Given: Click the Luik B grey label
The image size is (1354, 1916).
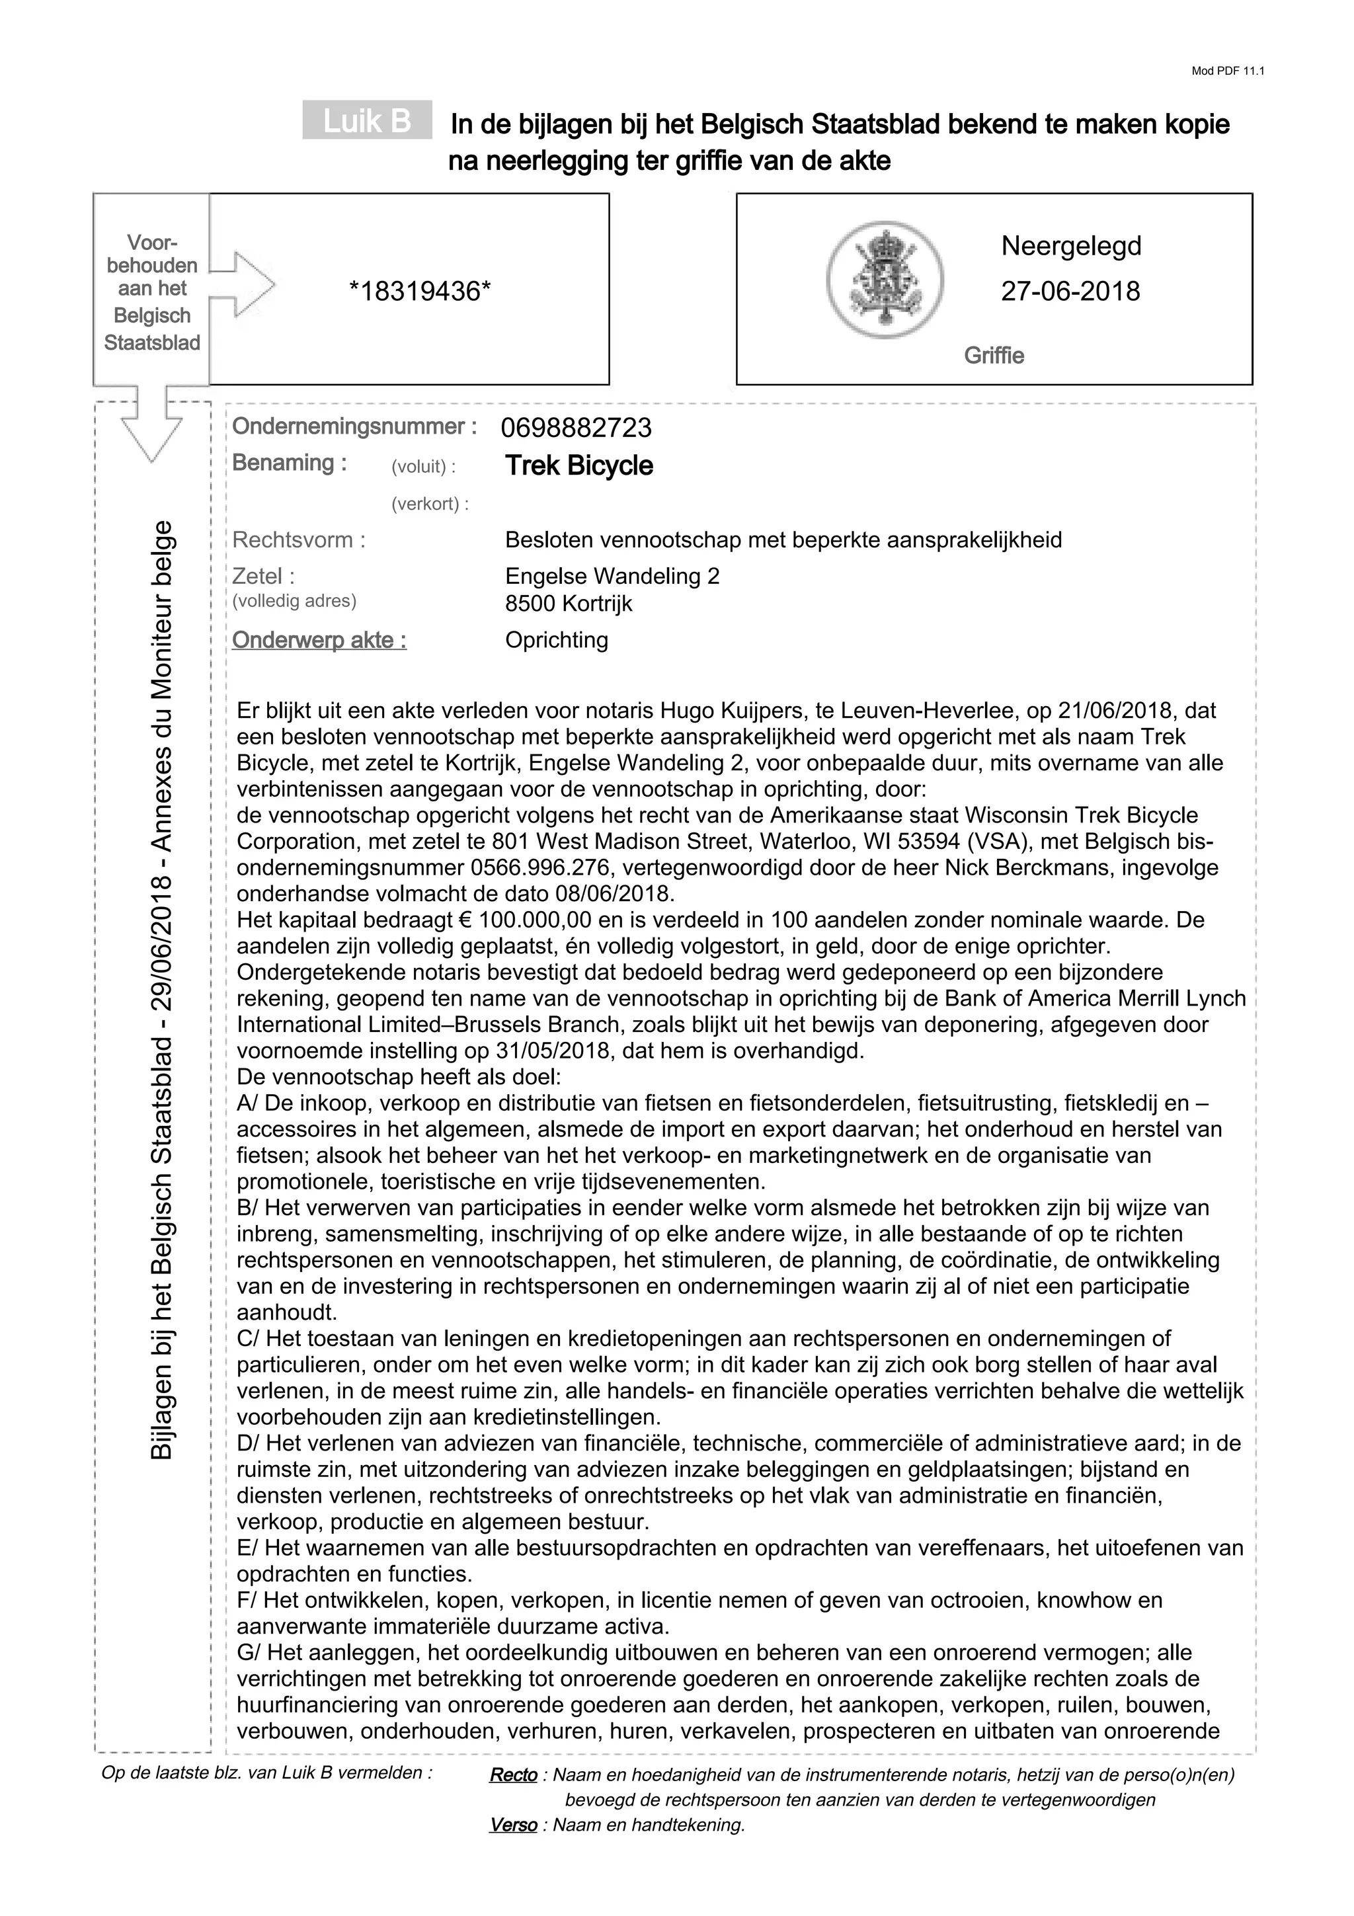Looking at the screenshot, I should [x=367, y=120].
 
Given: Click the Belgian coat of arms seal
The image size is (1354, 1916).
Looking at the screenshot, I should [x=885, y=280].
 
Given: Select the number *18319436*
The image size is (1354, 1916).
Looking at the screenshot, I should [x=420, y=292].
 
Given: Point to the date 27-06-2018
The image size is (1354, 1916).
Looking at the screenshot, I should [x=1070, y=292].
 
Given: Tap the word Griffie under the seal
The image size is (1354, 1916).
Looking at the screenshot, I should [x=994, y=356].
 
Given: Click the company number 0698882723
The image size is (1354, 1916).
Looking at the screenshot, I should [x=576, y=428].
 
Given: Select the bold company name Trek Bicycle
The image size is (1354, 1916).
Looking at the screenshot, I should [x=579, y=465].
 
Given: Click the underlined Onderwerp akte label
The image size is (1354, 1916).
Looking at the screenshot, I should [x=319, y=640].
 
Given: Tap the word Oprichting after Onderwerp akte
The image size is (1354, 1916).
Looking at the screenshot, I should [x=557, y=640].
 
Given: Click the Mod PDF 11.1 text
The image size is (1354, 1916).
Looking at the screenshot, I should [x=1227, y=71].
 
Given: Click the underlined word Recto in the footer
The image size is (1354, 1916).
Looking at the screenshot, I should [x=513, y=1775].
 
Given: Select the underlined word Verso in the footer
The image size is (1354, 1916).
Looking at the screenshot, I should [x=513, y=1825].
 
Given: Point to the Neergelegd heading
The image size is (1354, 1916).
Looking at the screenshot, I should [x=1070, y=246].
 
